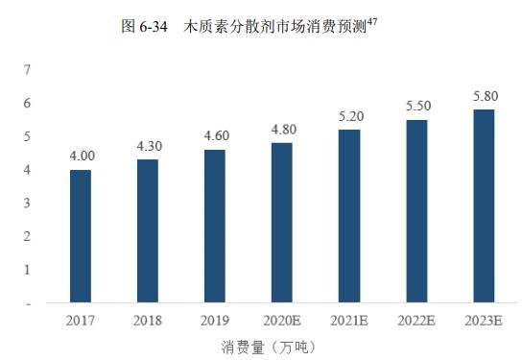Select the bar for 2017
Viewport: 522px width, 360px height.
(81, 236)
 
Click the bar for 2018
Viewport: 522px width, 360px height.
(148, 231)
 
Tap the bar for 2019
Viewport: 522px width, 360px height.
(215, 227)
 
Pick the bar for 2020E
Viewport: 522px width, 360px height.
(282, 223)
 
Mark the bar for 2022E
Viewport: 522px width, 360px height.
(416, 211)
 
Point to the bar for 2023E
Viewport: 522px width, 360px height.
(484, 206)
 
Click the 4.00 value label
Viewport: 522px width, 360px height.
(81, 156)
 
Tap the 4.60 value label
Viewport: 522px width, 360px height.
(215, 135)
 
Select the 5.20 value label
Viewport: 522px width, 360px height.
(349, 115)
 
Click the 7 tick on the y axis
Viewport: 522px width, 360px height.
(28, 69)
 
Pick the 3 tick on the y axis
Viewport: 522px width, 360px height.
(28, 203)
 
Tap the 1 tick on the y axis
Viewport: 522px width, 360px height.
(28, 270)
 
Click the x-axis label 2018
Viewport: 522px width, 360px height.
(148, 320)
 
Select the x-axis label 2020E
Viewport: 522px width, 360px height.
(282, 320)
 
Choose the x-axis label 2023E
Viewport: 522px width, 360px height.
(484, 320)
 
